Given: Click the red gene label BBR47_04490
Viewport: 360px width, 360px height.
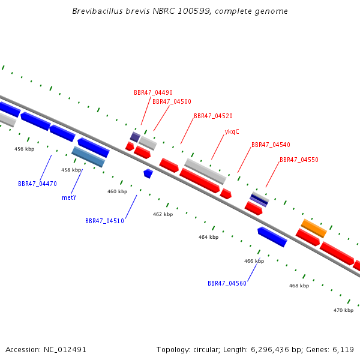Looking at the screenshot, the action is (x=153, y=92).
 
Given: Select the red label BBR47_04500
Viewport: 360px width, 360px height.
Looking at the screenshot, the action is (x=172, y=101).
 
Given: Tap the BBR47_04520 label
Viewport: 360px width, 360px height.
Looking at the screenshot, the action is (x=213, y=116).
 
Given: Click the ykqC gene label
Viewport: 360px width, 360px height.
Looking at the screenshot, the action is (x=232, y=132).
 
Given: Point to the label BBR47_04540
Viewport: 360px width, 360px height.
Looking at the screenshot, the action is (x=271, y=145).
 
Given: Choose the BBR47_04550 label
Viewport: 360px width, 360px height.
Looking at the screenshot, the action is (x=299, y=160).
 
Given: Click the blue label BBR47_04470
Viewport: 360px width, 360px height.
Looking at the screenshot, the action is (x=37, y=184).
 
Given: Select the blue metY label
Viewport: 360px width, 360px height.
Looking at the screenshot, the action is (x=69, y=197).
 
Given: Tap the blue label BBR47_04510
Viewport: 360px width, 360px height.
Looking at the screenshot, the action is (x=104, y=221).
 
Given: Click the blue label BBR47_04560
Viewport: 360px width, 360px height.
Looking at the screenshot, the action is (x=227, y=283).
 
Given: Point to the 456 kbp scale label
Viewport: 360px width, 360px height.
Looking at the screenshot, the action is (x=25, y=149).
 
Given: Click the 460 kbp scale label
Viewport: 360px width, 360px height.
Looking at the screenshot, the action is (x=118, y=191).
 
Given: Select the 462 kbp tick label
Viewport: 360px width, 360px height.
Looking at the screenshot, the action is (x=163, y=214).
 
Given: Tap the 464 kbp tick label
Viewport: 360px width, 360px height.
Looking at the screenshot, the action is (x=208, y=237).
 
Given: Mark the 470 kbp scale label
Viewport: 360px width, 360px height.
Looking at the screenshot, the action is (x=343, y=310).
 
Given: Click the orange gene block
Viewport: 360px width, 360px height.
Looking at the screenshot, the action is (x=314, y=228).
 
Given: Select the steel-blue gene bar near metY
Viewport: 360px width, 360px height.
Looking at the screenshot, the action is (x=88, y=157).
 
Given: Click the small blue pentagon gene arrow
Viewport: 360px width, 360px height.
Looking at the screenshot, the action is (x=148, y=173).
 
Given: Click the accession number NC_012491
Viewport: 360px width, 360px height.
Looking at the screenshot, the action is (x=65, y=350).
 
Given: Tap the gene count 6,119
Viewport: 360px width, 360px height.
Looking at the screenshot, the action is (x=343, y=350).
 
